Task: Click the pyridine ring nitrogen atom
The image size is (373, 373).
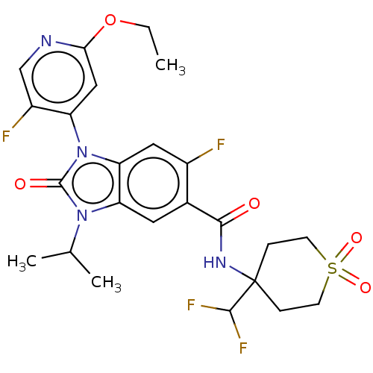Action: click(x=46, y=41)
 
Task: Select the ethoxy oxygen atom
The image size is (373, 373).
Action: click(x=110, y=20)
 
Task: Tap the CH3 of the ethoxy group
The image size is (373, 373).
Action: click(x=170, y=66)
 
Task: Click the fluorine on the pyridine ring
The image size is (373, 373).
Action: click(x=6, y=137)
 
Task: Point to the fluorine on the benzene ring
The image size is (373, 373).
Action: click(x=221, y=145)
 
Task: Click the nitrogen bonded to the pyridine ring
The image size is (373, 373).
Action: click(x=82, y=152)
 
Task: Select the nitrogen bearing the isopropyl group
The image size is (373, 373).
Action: click(x=82, y=216)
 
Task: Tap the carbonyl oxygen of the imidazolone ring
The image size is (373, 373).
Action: click(x=20, y=184)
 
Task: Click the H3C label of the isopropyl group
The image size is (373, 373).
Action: click(x=22, y=263)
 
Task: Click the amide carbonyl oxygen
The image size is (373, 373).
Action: click(x=254, y=204)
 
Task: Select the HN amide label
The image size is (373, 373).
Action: click(x=215, y=263)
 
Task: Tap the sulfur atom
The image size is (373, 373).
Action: click(x=332, y=268)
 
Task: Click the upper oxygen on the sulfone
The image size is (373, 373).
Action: click(x=357, y=238)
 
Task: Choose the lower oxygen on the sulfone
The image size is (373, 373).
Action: click(x=366, y=287)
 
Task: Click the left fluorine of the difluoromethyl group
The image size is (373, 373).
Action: click(x=191, y=305)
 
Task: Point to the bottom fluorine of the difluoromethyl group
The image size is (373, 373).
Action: click(x=243, y=348)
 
